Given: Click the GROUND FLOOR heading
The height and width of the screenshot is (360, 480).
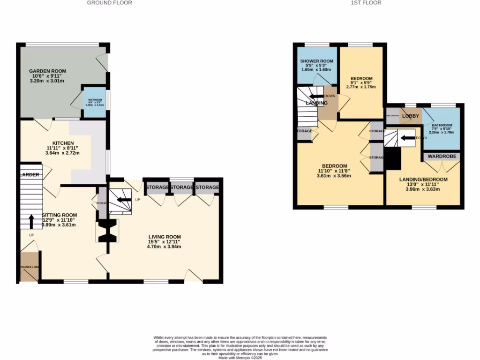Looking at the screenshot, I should [109, 3].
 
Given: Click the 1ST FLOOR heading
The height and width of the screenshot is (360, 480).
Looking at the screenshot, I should [366, 3].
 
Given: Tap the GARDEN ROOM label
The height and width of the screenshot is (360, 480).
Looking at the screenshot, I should [46, 71].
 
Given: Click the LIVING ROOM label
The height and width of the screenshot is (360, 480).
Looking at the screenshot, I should [165, 237].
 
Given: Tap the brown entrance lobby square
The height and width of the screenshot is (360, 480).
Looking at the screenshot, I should [29, 267].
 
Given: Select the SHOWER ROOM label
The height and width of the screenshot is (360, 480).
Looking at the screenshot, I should [316, 61].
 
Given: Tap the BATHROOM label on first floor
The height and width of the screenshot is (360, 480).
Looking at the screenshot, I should [442, 125].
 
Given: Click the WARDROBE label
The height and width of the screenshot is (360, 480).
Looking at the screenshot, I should [442, 156].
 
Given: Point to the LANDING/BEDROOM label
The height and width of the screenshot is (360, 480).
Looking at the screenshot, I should [423, 180].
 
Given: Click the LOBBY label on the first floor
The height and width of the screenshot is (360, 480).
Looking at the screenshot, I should [410, 116].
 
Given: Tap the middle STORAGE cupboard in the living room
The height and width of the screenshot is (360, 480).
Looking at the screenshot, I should [182, 187].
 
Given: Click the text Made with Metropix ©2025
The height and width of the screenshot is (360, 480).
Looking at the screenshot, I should [240, 358].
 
